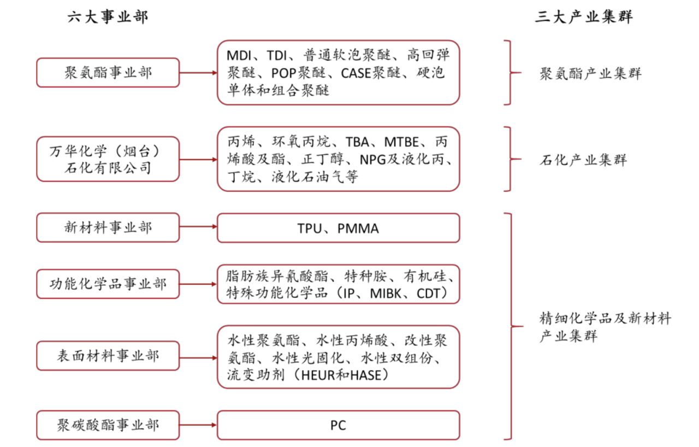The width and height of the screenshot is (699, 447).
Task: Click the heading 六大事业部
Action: pyautogui.click(x=108, y=17)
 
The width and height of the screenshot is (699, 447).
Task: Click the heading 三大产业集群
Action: pyautogui.click(x=584, y=17)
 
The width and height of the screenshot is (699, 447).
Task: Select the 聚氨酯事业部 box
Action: pyautogui.click(x=108, y=73)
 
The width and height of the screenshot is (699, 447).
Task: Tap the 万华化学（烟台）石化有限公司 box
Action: pyautogui.click(x=108, y=158)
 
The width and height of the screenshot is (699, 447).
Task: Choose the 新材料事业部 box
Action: pyautogui.click(x=108, y=227)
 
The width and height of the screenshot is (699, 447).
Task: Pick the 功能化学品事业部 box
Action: pyautogui.click(x=108, y=284)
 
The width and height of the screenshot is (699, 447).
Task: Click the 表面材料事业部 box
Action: pyautogui.click(x=108, y=356)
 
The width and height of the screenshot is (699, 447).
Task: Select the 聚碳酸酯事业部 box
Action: pyautogui.click(x=108, y=425)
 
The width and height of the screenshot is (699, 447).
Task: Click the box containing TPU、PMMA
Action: pyautogui.click(x=338, y=228)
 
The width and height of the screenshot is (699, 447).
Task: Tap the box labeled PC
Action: pyautogui.click(x=338, y=425)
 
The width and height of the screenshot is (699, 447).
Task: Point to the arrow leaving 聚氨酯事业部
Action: pyautogui.click(x=198, y=73)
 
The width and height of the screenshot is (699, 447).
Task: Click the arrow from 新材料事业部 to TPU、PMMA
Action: pyautogui.click(x=198, y=227)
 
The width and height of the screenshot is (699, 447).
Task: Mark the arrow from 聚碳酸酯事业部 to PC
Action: pyautogui.click(x=198, y=425)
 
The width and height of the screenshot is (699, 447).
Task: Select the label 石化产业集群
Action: pyautogui.click(x=583, y=160)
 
